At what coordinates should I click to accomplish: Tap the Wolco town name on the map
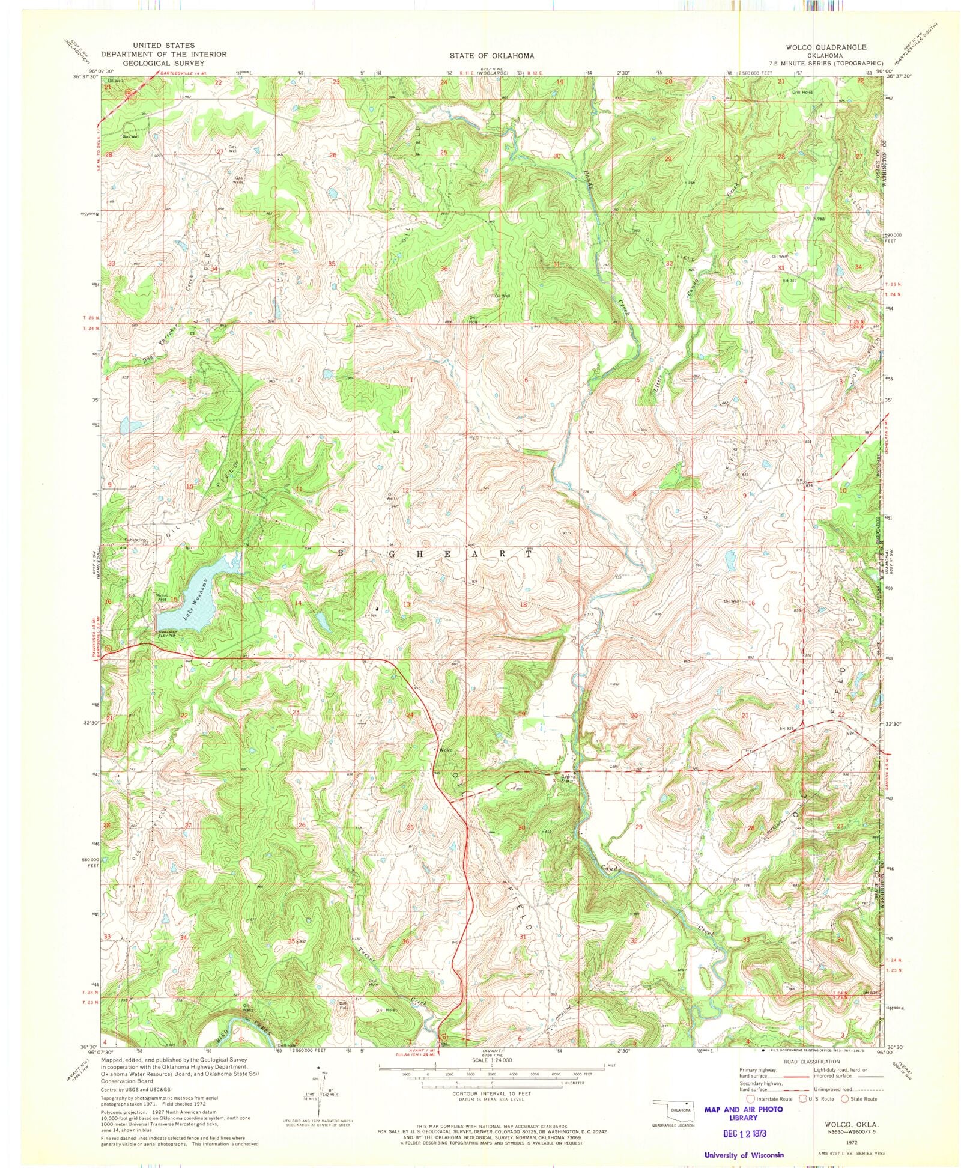445,751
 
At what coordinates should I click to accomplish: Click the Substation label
136,540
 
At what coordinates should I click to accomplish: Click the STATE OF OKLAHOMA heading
491,55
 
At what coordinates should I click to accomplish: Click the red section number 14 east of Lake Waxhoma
298,603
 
